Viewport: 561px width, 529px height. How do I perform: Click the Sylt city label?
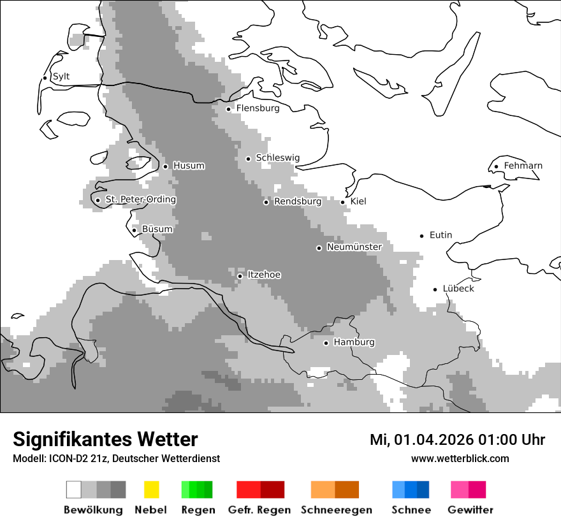click(61, 76)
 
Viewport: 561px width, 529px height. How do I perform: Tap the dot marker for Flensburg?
click(228, 109)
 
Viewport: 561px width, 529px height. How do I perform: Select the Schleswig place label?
click(277, 158)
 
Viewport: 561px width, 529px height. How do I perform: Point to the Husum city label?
click(189, 166)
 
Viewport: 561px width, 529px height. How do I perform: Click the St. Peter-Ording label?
click(140, 199)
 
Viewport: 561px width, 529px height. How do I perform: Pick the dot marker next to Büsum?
click(134, 230)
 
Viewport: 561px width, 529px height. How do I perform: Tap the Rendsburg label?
click(298, 201)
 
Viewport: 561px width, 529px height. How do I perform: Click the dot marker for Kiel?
click(342, 202)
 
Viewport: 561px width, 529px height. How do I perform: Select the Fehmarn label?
click(523, 166)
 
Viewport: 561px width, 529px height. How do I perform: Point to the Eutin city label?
click(441, 235)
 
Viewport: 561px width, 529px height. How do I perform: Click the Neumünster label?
click(354, 247)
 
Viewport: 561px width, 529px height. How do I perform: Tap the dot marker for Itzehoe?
click(240, 276)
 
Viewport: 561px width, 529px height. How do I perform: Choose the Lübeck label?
click(458, 289)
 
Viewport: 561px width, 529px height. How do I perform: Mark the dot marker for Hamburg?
click(326, 343)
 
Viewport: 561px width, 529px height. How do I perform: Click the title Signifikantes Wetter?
click(105, 439)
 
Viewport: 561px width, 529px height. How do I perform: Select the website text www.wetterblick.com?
click(460, 459)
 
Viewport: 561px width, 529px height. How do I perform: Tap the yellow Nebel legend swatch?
click(151, 489)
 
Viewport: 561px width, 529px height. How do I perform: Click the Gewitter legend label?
click(470, 510)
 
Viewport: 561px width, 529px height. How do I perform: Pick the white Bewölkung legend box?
click(74, 489)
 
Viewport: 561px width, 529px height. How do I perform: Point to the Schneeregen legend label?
click(337, 510)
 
